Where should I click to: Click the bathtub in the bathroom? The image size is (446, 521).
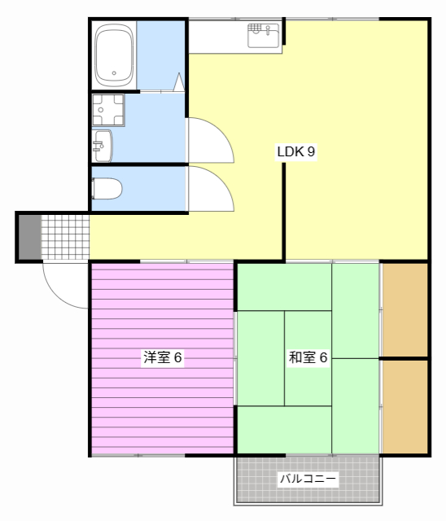coord(114,55)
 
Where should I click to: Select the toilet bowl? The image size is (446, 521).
coord(107,189)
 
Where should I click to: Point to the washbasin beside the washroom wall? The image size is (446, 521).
coord(103,146)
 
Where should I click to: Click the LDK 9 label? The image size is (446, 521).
coord(296,151)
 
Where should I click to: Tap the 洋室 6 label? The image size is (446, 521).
coord(163,357)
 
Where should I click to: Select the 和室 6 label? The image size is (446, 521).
coord(308,357)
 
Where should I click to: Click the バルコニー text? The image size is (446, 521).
coord(308,479)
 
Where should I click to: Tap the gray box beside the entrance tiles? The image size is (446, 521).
coord(29,237)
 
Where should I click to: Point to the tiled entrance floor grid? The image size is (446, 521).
coord(64,237)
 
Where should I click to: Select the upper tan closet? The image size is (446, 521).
coord(405,309)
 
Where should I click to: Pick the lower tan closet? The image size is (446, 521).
coord(405,405)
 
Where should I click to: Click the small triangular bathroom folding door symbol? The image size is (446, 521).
coord(178,82)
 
